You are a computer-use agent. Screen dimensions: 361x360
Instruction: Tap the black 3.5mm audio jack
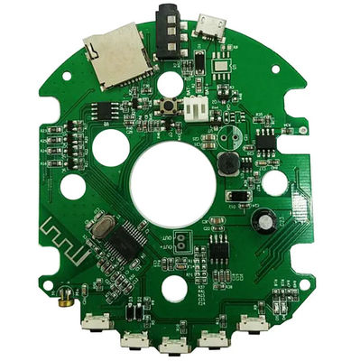point(169,32)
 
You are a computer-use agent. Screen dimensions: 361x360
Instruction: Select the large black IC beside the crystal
point(128,239)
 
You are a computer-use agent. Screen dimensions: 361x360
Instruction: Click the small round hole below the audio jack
point(170,84)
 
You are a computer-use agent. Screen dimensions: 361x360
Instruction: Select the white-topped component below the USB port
point(221,65)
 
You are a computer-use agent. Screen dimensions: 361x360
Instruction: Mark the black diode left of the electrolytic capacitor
point(237,196)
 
